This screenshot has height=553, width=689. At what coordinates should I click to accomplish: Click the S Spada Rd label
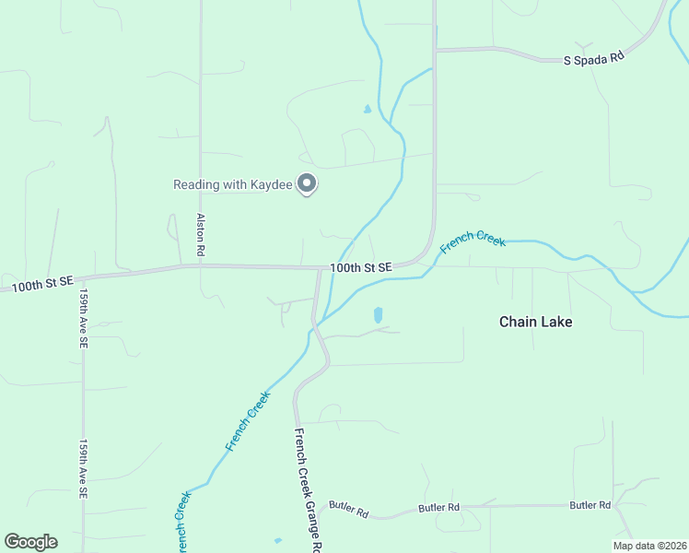pyautogui.click(x=594, y=56)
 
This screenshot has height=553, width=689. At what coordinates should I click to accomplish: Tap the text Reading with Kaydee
pyautogui.click(x=233, y=184)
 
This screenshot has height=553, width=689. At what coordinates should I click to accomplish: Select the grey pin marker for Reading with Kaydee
pyautogui.click(x=307, y=183)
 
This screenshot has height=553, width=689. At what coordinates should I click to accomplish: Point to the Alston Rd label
pyautogui.click(x=200, y=235)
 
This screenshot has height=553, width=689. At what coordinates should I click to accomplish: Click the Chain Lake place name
pyautogui.click(x=535, y=322)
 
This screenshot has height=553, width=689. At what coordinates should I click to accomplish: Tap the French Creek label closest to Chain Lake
pyautogui.click(x=473, y=241)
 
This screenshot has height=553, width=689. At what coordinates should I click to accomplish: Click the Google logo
pyautogui.click(x=30, y=542)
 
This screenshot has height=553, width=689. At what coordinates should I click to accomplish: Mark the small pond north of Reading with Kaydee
pyautogui.click(x=367, y=110)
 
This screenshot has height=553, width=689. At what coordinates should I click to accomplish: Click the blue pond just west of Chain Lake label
pyautogui.click(x=379, y=315)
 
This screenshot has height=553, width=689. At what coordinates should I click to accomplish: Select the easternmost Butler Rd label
pyautogui.click(x=590, y=505)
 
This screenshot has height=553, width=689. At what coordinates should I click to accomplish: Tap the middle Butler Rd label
pyautogui.click(x=438, y=508)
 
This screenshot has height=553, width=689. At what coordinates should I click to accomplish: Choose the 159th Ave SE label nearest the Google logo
pyautogui.click(x=83, y=469)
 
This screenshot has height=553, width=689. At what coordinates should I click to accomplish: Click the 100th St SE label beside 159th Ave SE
pyautogui.click(x=42, y=284)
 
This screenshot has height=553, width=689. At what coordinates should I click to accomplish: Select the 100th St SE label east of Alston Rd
pyautogui.click(x=361, y=267)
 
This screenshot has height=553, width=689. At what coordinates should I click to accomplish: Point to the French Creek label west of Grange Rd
pyautogui.click(x=248, y=421)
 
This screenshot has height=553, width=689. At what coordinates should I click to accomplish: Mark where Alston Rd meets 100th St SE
pyautogui.click(x=200, y=266)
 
